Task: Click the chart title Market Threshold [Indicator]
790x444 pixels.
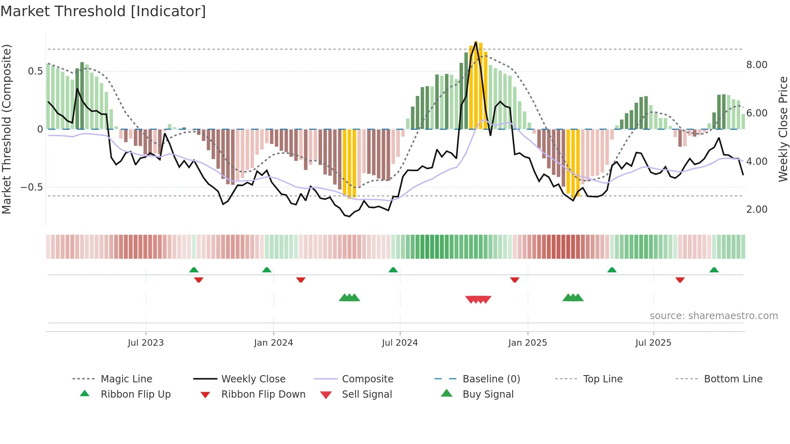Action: (103, 11)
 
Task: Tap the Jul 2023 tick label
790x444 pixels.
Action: (146, 343)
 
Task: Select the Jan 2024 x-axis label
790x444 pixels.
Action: (273, 343)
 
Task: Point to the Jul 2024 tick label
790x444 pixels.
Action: (399, 343)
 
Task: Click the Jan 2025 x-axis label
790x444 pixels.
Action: (527, 343)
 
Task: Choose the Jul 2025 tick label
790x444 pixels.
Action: (653, 343)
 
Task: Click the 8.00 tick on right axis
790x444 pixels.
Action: (757, 65)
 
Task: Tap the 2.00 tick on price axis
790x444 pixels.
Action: (757, 210)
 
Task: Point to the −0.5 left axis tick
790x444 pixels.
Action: (31, 187)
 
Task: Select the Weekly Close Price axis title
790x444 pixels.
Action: (783, 129)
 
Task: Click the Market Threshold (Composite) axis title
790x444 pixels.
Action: (6, 129)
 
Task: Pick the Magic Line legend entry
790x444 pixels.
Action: (126, 379)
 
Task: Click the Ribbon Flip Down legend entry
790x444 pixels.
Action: (263, 394)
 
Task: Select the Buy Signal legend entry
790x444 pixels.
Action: (488, 394)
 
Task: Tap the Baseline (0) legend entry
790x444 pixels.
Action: (491, 379)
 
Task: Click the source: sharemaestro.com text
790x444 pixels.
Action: (713, 316)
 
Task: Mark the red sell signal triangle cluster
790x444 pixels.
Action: (478, 299)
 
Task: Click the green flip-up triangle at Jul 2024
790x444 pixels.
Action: (393, 270)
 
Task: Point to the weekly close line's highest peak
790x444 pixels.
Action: (476, 42)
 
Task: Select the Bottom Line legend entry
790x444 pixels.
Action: (733, 379)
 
